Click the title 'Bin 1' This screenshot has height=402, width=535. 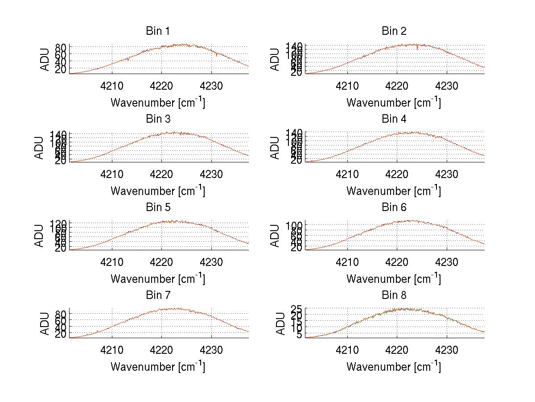point(157,31)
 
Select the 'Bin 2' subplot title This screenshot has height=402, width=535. point(394,31)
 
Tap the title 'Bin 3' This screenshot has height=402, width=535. point(157,119)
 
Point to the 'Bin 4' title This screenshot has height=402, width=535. point(394,119)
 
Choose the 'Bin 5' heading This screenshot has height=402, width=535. point(157,207)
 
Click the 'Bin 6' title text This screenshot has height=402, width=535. point(394,207)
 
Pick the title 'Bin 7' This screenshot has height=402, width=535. point(157,295)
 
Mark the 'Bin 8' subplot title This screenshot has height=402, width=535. point(394,295)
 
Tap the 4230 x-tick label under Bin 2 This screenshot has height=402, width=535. point(447,86)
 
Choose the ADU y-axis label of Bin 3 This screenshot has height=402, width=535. point(40,148)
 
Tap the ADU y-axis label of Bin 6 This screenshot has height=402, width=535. point(276,236)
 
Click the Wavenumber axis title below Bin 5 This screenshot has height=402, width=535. point(158,279)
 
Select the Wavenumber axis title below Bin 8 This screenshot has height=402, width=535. point(394,367)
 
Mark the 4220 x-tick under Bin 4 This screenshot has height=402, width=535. point(397,174)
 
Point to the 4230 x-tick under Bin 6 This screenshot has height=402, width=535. point(447,262)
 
